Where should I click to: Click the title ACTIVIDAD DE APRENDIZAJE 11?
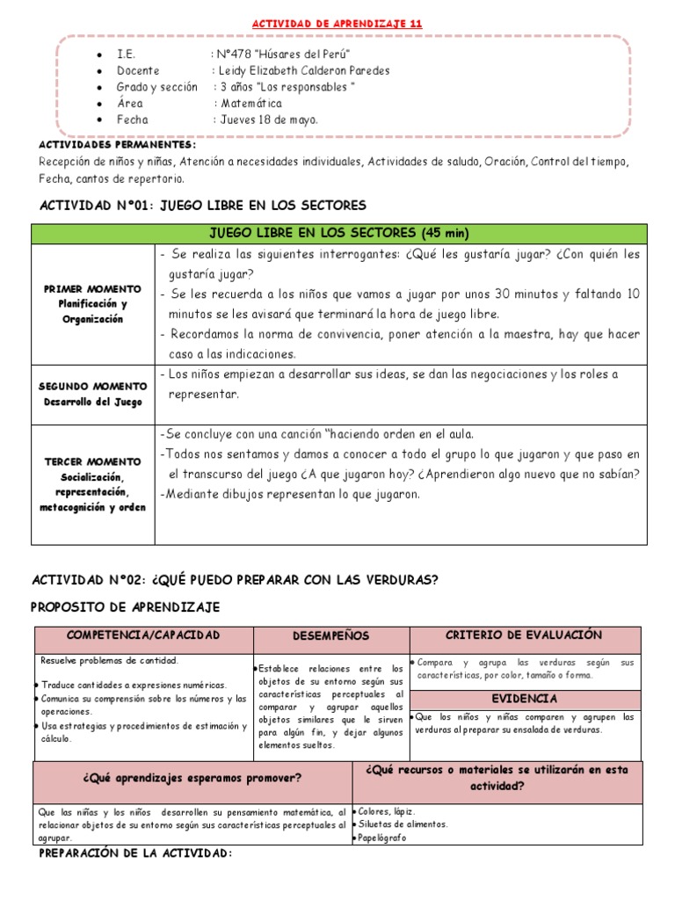tap(337, 24)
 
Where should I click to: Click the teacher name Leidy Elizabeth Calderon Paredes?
tap(303, 70)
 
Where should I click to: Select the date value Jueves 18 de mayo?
tap(269, 120)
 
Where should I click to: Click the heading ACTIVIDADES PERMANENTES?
tap(118, 144)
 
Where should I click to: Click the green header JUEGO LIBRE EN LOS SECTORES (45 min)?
tap(338, 233)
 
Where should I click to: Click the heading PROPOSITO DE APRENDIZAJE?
tap(126, 607)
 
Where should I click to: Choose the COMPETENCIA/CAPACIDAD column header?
tap(143, 635)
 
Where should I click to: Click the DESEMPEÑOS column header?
tap(330, 635)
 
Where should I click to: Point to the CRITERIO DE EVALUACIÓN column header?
tap(524, 635)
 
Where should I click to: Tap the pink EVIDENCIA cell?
tap(524, 698)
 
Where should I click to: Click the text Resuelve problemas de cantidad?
tap(110, 660)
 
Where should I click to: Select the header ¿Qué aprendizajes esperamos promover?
tap(192, 778)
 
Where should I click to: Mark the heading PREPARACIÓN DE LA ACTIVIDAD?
tap(136, 853)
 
